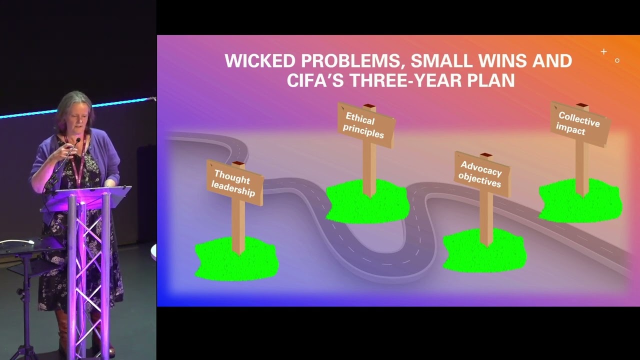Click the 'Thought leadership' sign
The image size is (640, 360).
(x=234, y=182)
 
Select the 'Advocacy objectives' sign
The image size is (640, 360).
(x=481, y=174)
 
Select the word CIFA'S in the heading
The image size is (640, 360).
(x=315, y=80)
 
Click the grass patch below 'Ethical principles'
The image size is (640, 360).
(x=367, y=202)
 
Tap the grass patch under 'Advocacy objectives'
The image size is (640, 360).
(x=484, y=251)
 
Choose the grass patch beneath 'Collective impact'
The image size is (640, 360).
(x=580, y=201)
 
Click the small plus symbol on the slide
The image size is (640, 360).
(x=603, y=51)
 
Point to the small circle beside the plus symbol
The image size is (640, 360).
(x=617, y=60)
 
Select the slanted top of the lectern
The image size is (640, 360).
(x=90, y=195)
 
